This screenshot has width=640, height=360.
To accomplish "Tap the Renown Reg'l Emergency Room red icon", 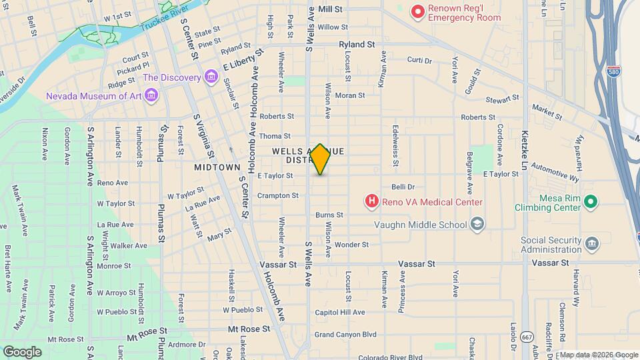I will point(418,11).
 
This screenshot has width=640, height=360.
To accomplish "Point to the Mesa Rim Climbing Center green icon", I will point(589,201).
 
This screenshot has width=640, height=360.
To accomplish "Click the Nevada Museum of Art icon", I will point(151,96).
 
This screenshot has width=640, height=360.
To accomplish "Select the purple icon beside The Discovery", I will point(211,77).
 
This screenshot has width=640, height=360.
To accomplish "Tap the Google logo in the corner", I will point(22,351).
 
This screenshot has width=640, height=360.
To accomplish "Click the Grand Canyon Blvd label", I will point(345,334).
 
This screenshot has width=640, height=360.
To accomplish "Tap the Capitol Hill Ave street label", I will point(340,312).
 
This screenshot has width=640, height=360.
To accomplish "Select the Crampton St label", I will point(278,195).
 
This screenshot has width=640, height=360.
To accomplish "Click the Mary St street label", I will point(219,235).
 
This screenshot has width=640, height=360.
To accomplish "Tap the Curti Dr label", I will point(419,60).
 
